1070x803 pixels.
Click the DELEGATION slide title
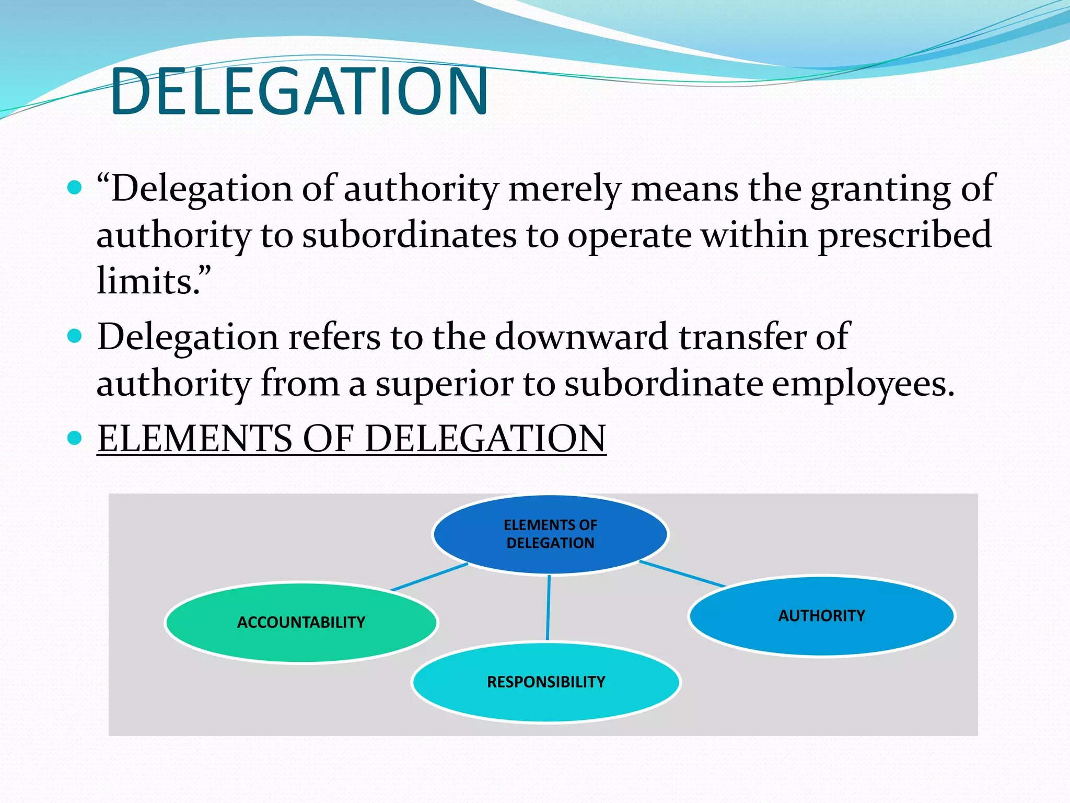click(x=299, y=91)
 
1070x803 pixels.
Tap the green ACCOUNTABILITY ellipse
click(x=301, y=622)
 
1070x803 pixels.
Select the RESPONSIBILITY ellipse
click(x=546, y=682)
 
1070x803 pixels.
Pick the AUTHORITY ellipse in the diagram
click(x=821, y=615)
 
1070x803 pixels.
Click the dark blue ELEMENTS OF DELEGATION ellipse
click(x=550, y=534)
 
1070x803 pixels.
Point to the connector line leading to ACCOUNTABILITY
click(x=428, y=577)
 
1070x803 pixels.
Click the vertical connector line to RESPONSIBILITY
click(x=548, y=607)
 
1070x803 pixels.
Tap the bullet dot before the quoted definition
click(x=75, y=187)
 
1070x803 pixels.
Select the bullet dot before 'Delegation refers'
click(x=75, y=336)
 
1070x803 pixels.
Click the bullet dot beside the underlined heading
click(x=75, y=438)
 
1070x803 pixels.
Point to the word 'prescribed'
click(x=904, y=235)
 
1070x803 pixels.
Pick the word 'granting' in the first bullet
click(x=880, y=189)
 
